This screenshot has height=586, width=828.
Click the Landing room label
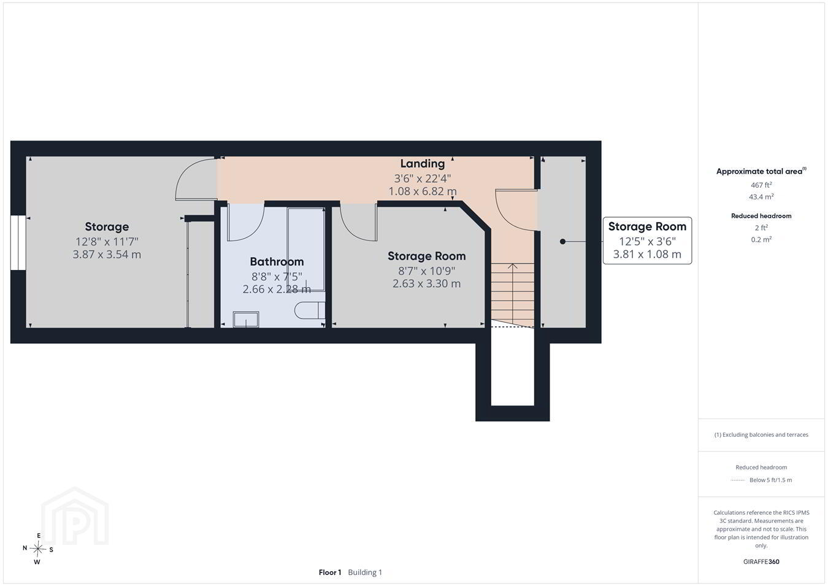[423, 164]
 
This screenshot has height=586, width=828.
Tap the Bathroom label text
[277, 261]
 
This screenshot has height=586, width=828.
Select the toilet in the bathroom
[310, 310]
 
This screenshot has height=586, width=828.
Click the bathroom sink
[246, 320]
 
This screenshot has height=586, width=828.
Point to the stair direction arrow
[512, 295]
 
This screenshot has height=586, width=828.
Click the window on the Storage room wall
[18, 243]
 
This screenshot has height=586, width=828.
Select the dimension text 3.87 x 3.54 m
[107, 255]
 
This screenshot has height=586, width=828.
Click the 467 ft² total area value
[761, 185]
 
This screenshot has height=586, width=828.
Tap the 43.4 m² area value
[761, 197]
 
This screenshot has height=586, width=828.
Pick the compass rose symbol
[37, 549]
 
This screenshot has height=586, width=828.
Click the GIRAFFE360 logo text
[761, 561]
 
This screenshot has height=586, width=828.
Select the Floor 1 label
[330, 573]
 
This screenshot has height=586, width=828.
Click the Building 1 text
[365, 573]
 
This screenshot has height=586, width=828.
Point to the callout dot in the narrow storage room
[562, 241]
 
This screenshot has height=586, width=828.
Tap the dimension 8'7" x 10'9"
[426, 271]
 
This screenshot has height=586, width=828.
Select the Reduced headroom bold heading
[761, 216]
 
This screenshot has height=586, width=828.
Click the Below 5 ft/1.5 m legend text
[771, 480]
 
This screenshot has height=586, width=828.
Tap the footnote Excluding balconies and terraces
[761, 435]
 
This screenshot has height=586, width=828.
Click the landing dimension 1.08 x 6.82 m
[423, 191]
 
